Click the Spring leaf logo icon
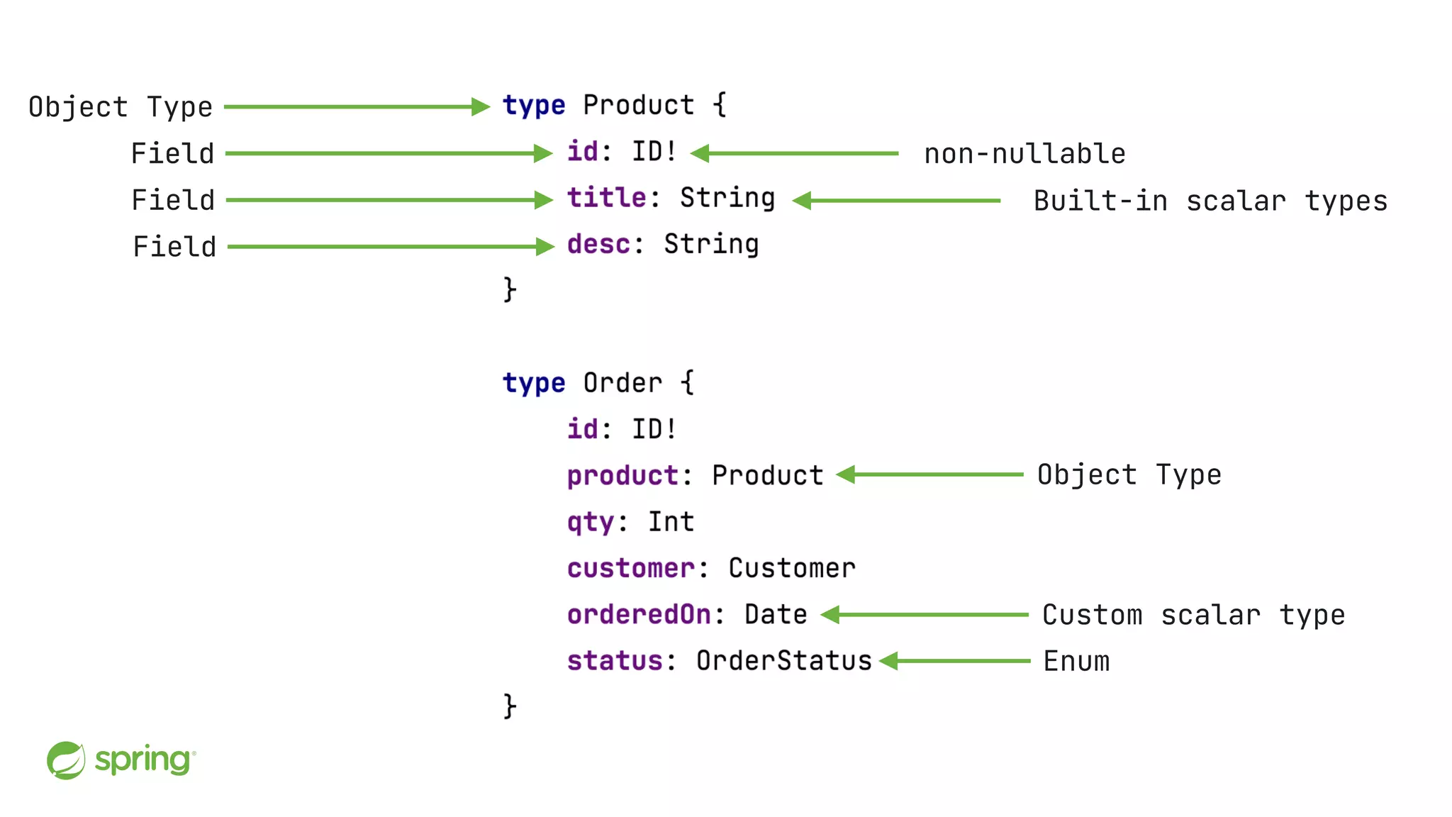(66, 760)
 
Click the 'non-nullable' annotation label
(1024, 154)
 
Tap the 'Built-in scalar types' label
(1210, 201)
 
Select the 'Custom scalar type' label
(1193, 615)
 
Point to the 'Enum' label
(1076, 662)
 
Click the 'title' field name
(606, 198)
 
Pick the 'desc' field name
(598, 244)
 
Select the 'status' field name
(615, 661)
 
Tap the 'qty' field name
(591, 523)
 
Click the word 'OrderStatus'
(783, 661)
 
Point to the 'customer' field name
(630, 568)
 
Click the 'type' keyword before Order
(534, 383)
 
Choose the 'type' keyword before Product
(534, 106)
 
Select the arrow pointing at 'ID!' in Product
(794, 153)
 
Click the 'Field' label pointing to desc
(174, 247)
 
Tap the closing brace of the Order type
(510, 706)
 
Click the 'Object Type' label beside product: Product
(1129, 474)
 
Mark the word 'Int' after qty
(671, 522)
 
